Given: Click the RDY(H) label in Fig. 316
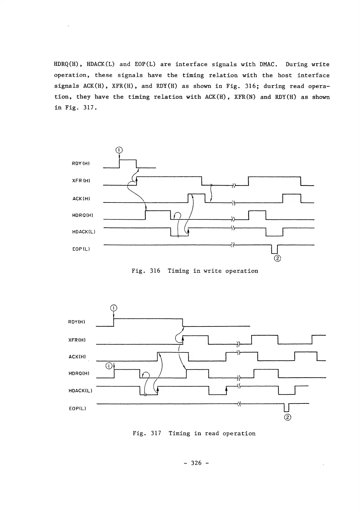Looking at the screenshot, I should (81, 164).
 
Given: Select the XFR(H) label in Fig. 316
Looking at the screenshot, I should (81, 181).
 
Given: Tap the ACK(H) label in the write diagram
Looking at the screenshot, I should (81, 199).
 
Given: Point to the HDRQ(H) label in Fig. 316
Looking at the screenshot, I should (82, 215).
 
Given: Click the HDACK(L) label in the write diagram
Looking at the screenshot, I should (84, 232).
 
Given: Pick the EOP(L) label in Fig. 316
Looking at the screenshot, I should (81, 249).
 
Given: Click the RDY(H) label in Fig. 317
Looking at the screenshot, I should (77, 322).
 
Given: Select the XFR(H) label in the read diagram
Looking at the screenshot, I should (77, 340).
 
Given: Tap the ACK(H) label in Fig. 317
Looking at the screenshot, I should (77, 357).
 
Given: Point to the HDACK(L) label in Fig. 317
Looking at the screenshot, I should (80, 390).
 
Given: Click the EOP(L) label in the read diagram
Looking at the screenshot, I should (77, 408).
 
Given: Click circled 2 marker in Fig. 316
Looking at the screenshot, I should (277, 258).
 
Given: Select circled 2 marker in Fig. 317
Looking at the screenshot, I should (288, 417).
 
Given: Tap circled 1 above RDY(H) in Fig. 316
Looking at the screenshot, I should (119, 150).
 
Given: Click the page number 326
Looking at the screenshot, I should (196, 463).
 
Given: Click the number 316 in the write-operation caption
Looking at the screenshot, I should (155, 271).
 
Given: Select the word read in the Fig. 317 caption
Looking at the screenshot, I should (212, 433).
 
